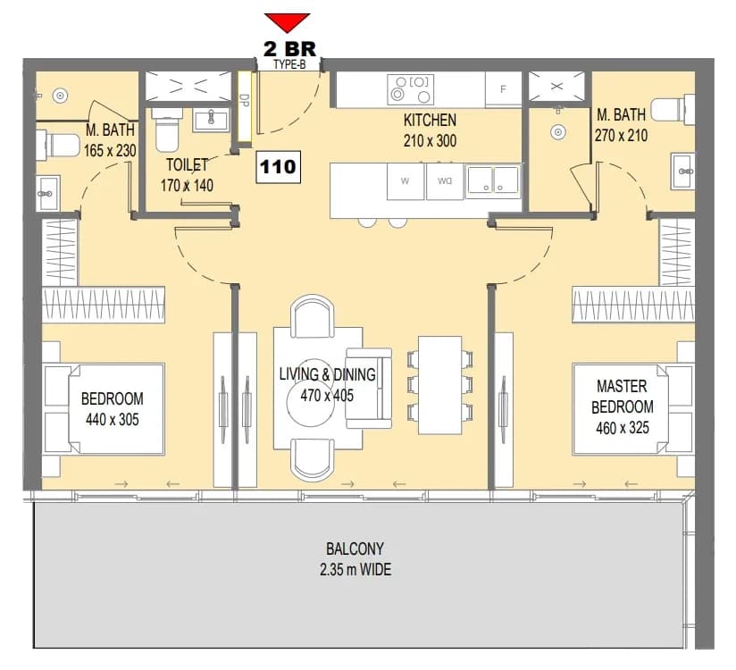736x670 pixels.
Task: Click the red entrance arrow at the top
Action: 287,22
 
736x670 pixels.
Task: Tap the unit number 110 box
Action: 279,167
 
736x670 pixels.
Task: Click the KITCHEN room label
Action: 430,121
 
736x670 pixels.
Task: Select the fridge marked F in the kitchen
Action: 503,88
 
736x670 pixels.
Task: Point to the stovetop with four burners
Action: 411,89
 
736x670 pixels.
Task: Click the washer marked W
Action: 406,181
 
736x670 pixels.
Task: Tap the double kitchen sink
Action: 493,180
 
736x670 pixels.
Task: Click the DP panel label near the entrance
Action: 244,102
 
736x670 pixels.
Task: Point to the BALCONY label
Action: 355,549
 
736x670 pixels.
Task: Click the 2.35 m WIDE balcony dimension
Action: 355,570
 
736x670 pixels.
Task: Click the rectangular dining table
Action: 439,385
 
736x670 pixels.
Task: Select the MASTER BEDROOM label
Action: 623,397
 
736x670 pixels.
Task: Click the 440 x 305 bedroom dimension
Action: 113,419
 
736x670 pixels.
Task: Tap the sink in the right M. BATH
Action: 683,171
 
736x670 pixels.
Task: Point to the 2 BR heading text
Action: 289,49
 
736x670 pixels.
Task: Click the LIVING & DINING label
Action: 327,374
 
